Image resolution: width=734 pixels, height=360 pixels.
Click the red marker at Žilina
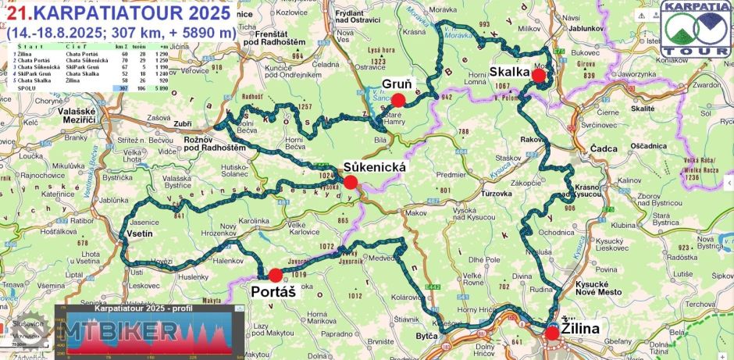(553, 333)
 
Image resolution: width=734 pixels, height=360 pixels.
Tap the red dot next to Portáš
(275, 275)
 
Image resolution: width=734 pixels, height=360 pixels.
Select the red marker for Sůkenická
(350, 182)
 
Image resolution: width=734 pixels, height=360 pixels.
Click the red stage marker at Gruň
(398, 99)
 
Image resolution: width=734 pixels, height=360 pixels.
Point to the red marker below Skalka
(538, 76)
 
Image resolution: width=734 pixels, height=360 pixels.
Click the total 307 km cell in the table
(122, 88)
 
